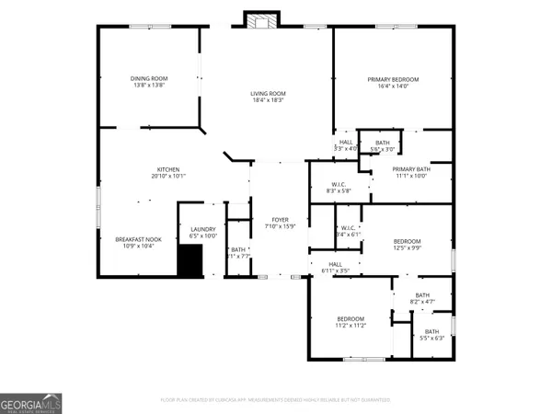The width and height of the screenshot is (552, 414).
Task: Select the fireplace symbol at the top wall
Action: (255, 20)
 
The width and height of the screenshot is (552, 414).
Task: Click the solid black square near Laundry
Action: (190, 262)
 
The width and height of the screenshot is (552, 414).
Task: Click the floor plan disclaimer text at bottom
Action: (276, 399)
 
